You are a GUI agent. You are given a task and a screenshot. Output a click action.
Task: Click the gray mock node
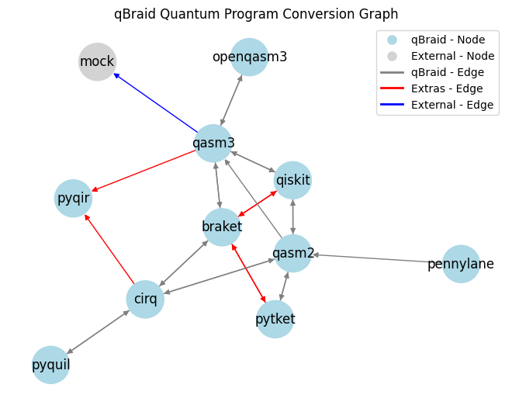tap(98, 62)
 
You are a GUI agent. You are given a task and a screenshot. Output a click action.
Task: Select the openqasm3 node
tap(250, 57)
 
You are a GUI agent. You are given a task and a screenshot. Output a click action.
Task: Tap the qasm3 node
tap(213, 143)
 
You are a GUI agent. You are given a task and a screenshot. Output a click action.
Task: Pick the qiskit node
tap(293, 180)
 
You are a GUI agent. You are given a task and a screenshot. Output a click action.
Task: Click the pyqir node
tap(73, 199)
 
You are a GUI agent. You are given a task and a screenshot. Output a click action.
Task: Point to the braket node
tap(222, 227)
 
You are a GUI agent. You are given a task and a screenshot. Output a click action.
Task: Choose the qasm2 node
tap(293, 253)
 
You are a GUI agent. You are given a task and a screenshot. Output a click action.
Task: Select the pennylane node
tap(461, 264)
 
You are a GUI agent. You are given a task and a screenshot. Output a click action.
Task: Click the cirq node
tap(145, 299)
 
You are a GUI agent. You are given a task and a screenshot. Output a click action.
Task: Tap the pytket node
tap(275, 319)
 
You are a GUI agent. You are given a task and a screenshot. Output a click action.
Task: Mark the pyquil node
tap(51, 365)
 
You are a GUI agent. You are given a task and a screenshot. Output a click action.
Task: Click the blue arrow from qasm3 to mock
tap(155, 103)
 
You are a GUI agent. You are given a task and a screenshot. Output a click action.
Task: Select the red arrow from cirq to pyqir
tap(109, 249)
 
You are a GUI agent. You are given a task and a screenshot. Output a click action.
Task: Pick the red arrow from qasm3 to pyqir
tap(144, 171)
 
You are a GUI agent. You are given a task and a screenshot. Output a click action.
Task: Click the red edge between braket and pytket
tap(248, 273)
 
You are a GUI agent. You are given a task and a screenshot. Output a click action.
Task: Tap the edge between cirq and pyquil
tap(98, 332)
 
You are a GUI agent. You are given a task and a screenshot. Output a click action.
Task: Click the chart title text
tap(256, 14)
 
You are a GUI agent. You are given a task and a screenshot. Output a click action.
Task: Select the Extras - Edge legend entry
tap(438, 88)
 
